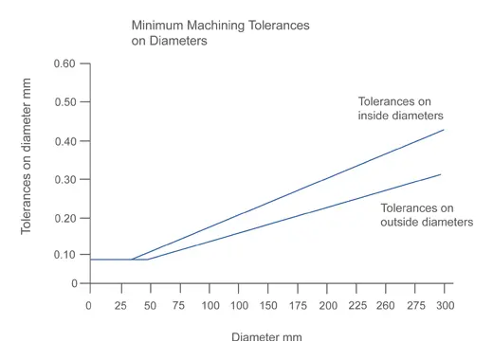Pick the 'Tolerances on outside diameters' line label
(x=427, y=215)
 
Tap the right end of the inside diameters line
(x=444, y=130)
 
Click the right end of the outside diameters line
(x=441, y=174)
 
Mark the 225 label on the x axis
(x=357, y=305)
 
